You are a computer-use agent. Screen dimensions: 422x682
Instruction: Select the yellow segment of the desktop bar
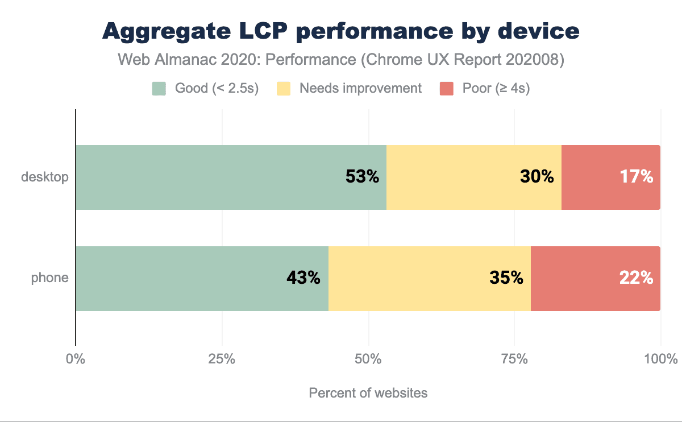pyautogui.click(x=455, y=177)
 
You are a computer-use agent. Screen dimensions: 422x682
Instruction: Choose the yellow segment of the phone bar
pyautogui.click(x=409, y=279)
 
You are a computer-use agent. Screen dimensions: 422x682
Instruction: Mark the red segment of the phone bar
pyautogui.click(x=580, y=279)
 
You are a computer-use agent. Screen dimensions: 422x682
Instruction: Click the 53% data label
pyautogui.click(x=362, y=177)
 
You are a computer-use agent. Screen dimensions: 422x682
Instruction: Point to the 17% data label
pyautogui.click(x=637, y=177)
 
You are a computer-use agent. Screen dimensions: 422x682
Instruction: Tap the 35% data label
pyautogui.click(x=506, y=278)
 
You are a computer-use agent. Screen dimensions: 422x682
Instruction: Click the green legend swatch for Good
pyautogui.click(x=159, y=89)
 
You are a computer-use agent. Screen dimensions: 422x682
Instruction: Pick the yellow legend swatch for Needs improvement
pyautogui.click(x=283, y=89)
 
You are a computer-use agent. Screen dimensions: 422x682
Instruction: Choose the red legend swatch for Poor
pyautogui.click(x=447, y=89)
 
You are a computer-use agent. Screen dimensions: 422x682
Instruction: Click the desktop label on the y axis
pyautogui.click(x=45, y=177)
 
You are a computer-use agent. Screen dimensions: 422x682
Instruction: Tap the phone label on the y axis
pyautogui.click(x=50, y=278)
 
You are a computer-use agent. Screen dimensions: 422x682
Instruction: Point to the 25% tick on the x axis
pyautogui.click(x=222, y=359)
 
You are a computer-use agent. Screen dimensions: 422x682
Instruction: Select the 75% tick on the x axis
pyautogui.click(x=514, y=359)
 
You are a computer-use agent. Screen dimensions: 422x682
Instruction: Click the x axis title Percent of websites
pyautogui.click(x=368, y=393)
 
